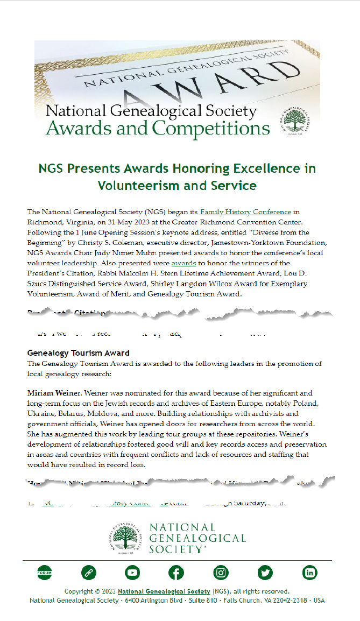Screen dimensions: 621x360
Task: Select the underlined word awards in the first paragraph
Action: (x=183, y=263)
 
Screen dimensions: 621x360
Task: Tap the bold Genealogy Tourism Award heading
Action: (x=79, y=353)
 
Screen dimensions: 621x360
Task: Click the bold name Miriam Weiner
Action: (x=52, y=393)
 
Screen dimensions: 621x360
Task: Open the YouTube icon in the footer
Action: (x=132, y=573)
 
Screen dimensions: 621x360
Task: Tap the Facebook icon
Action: (x=177, y=573)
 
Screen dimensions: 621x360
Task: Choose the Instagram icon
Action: (x=221, y=573)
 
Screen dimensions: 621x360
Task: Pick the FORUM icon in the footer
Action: (x=44, y=573)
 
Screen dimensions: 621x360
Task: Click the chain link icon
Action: (x=88, y=573)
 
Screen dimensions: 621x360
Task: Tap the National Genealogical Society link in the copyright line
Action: (x=164, y=591)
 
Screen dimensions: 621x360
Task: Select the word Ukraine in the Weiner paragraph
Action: (x=41, y=414)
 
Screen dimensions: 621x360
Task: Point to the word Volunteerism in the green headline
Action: (x=143, y=186)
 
